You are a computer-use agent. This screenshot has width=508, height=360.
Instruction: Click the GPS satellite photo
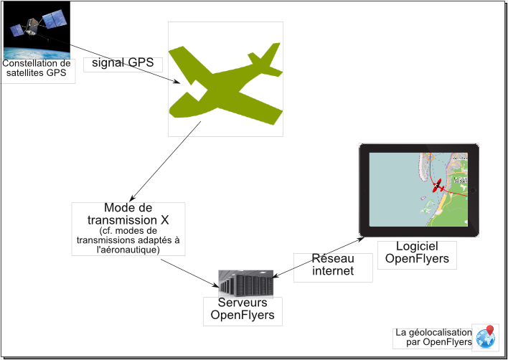(36, 30)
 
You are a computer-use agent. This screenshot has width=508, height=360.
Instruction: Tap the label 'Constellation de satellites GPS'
(37, 67)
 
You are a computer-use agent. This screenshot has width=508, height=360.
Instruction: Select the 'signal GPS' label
(123, 63)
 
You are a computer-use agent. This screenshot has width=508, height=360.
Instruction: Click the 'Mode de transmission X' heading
(128, 214)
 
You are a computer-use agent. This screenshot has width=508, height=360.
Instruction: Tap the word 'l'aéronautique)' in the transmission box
(128, 250)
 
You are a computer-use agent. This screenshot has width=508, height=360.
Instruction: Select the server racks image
(246, 283)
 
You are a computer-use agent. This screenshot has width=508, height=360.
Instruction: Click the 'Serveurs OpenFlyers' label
(242, 310)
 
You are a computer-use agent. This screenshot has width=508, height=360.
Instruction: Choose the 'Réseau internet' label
(332, 265)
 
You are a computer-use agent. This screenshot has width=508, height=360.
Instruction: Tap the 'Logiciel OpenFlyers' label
(417, 253)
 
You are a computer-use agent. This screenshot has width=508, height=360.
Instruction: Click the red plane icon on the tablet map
(438, 186)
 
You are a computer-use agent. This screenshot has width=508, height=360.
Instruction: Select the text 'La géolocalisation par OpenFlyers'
(433, 337)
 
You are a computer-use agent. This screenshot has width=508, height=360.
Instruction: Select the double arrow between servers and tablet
(319, 257)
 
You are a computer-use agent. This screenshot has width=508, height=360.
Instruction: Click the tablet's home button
(473, 190)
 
